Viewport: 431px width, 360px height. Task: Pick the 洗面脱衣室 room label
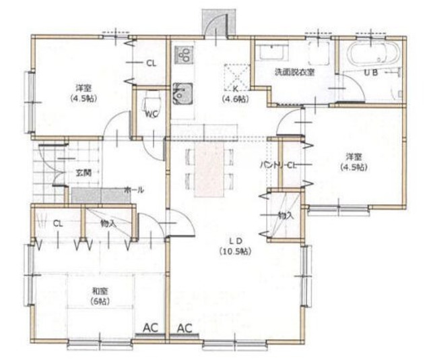coord(293,72)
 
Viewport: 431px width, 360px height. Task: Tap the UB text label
coord(370,72)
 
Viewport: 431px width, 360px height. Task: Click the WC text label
coord(152,114)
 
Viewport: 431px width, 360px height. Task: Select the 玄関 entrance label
coord(83,173)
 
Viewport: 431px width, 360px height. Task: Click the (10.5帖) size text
coord(234,251)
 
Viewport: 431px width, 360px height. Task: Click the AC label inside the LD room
coord(185,328)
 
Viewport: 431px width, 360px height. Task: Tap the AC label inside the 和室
coord(150,328)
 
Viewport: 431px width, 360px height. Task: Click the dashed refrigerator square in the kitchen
coord(236,73)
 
